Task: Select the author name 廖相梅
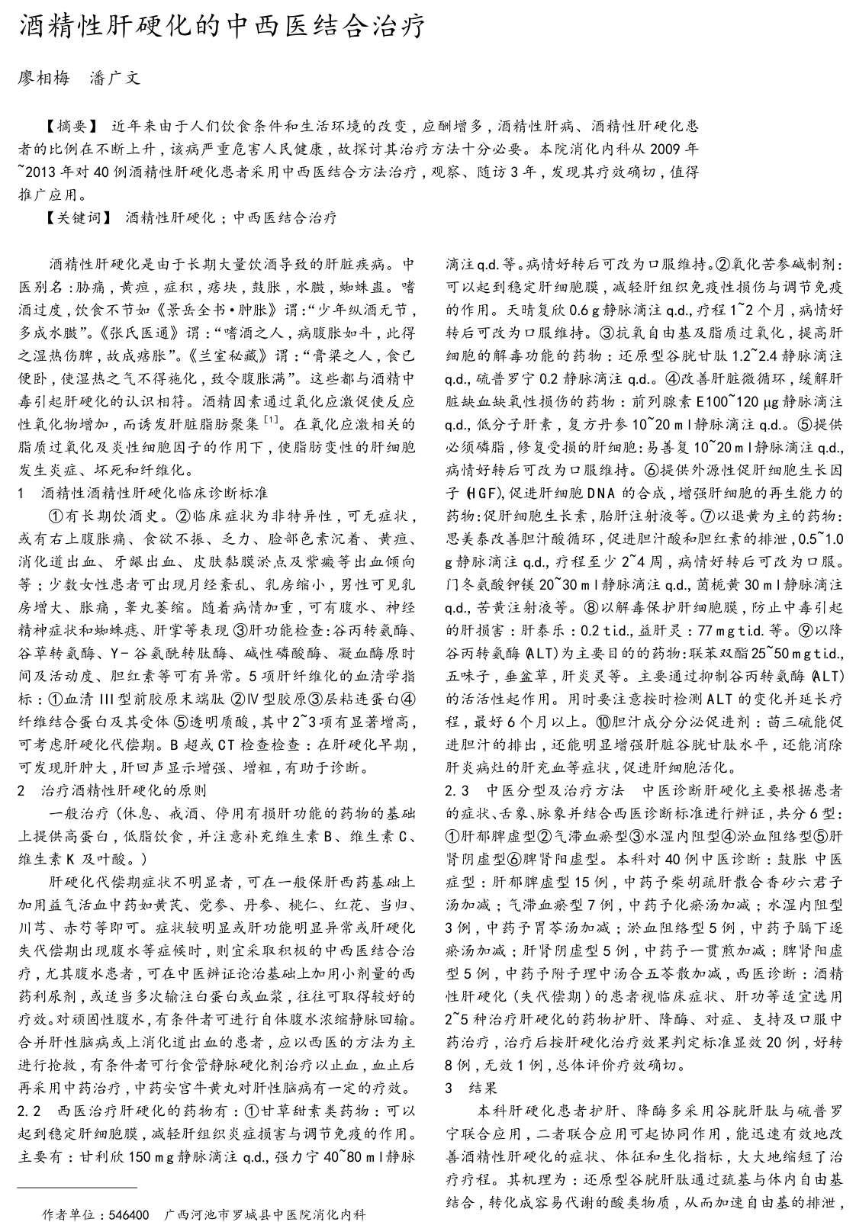pyautogui.click(x=43, y=78)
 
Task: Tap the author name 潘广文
pyautogui.click(x=115, y=78)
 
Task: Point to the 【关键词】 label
pyautogui.click(x=79, y=218)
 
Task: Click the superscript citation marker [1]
pyautogui.click(x=270, y=420)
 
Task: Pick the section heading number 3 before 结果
pyautogui.click(x=449, y=1088)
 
